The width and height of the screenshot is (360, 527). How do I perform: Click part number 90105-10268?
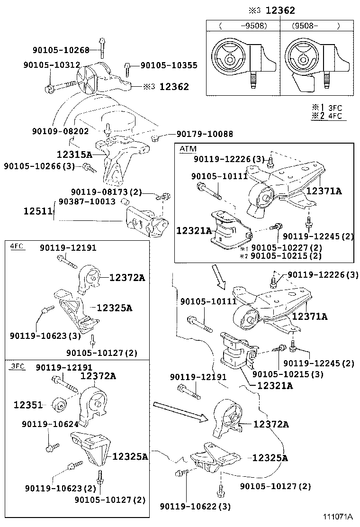tap(61, 50)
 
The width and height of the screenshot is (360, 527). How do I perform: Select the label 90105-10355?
tap(169, 66)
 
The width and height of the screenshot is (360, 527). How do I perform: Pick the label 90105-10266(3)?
tap(39, 166)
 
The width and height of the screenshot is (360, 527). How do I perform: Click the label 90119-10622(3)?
tap(195, 507)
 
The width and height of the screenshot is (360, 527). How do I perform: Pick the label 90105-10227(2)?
tap(286, 248)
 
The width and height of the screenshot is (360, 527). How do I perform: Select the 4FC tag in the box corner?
tap(17, 246)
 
